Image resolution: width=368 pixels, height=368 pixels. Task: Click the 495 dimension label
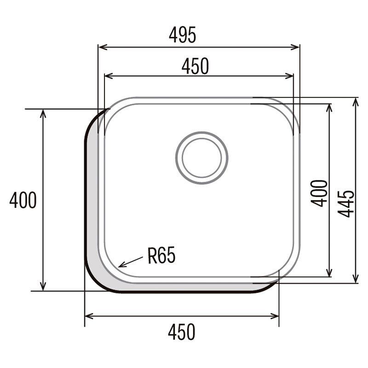click(183, 34)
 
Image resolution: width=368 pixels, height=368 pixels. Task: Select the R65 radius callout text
click(161, 255)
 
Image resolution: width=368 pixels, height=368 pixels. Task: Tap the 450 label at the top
click(195, 67)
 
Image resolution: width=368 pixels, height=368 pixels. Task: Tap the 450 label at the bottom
click(181, 331)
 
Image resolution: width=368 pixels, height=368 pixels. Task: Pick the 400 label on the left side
click(23, 201)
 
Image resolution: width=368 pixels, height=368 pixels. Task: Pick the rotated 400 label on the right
click(321, 193)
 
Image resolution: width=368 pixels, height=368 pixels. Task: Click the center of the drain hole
click(201, 158)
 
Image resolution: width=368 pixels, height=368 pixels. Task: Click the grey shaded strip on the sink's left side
click(92, 198)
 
